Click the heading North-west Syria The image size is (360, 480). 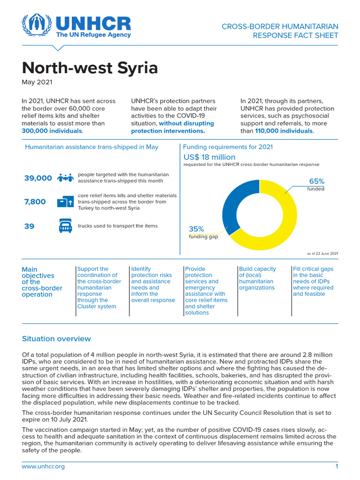click(90, 68)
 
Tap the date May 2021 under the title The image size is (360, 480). click(37, 82)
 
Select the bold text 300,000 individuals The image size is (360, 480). click(52, 131)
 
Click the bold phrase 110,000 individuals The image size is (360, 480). click(284, 131)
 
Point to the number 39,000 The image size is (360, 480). click(38, 178)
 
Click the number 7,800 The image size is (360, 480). click(35, 202)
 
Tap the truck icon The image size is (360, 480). click(65, 226)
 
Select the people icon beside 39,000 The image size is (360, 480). click(65, 178)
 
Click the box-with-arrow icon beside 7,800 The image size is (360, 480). click(65, 202)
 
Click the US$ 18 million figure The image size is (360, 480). click(209, 157)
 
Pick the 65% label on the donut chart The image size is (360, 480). click(316, 181)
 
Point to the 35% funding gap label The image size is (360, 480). click(196, 229)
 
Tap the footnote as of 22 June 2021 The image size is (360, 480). click(322, 253)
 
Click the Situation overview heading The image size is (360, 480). click(56, 338)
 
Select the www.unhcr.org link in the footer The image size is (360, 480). click(43, 466)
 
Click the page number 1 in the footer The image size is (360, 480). click(336, 466)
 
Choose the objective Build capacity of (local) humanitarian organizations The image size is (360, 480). click(257, 278)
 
